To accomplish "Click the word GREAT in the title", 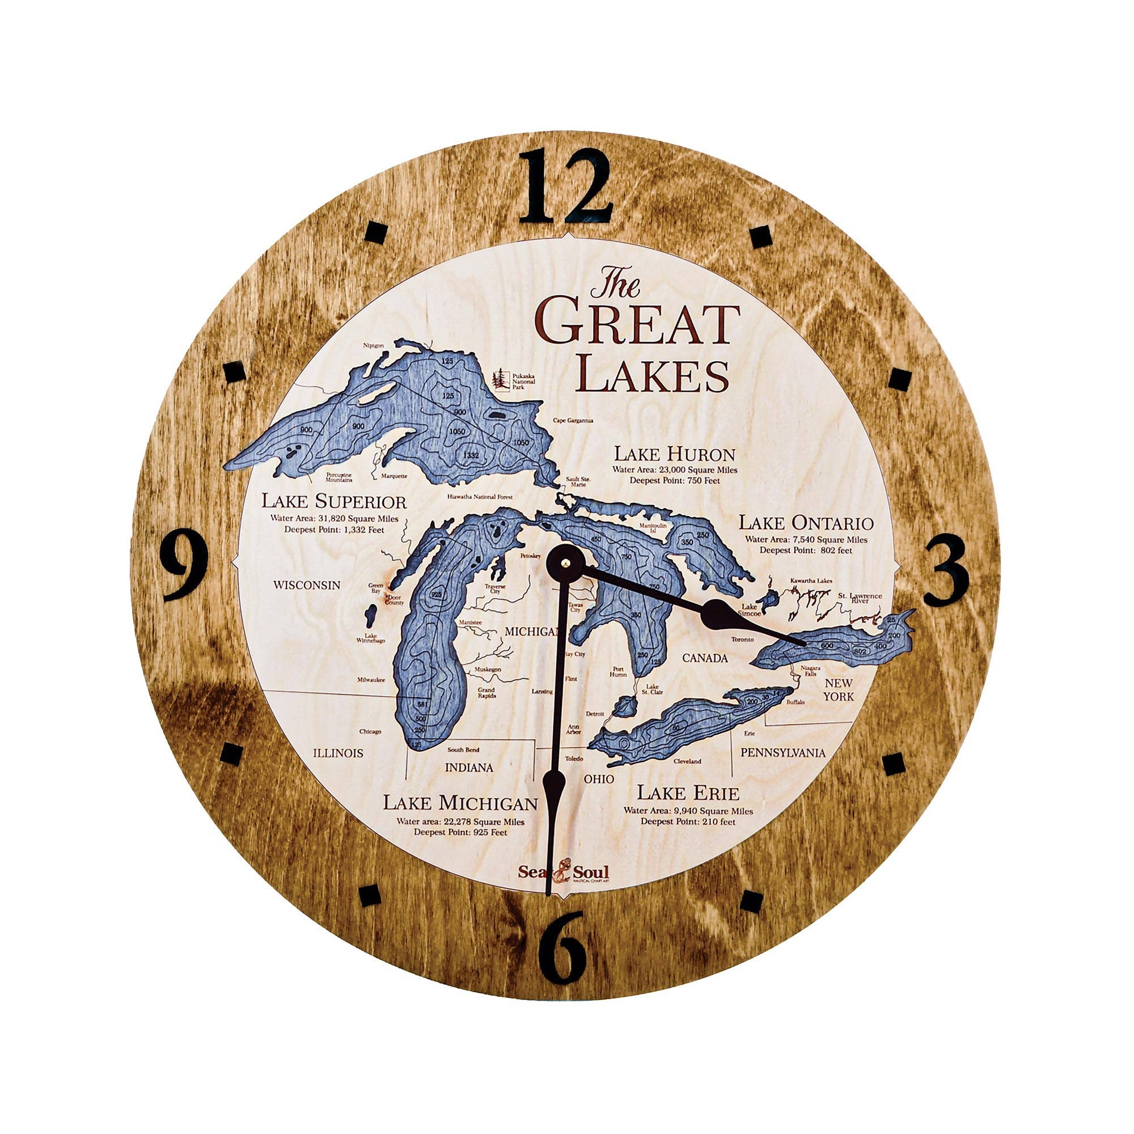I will [637, 324].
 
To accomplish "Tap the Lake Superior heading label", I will [333, 502].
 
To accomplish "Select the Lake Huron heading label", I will [674, 454].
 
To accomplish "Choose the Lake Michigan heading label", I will [460, 803].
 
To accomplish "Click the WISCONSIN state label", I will [306, 585].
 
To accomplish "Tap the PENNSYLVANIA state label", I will [782, 752].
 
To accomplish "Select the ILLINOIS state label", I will [338, 753].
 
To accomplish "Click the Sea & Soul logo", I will [563, 871].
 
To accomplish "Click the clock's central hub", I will [565, 562].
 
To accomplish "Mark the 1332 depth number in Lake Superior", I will [471, 455].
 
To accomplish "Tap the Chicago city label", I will [370, 731].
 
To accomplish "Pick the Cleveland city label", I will [687, 761].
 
